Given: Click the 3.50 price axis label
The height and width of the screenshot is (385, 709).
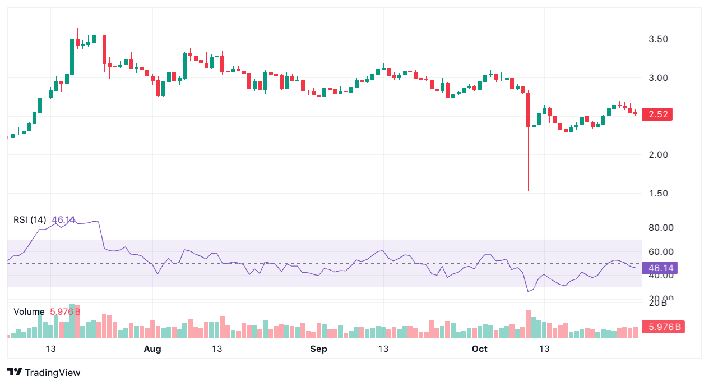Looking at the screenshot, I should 658,39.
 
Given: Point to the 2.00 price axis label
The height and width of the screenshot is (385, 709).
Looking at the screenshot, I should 658,155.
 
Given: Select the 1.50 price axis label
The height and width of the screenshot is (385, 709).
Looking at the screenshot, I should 658,194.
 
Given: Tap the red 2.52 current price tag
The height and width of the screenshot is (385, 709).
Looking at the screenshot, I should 657,114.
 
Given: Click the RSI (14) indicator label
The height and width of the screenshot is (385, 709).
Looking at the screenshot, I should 30,219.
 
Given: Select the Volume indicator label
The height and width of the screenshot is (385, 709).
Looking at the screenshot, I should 29,311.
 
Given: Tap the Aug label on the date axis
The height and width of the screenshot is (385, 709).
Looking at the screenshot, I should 152,349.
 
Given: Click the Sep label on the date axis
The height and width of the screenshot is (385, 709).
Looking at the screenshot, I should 318,349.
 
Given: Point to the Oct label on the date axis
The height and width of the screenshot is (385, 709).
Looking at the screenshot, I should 480,349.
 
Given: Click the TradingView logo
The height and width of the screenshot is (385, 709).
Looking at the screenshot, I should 44,373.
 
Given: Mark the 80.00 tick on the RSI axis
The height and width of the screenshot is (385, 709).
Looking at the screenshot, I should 660,228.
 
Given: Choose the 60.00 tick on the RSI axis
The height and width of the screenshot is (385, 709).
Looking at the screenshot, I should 660,251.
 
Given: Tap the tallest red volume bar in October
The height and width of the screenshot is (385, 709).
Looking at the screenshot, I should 528,324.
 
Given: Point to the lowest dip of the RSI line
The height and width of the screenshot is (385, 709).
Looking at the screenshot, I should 529,291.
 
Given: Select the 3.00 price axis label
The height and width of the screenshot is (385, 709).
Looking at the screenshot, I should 658,78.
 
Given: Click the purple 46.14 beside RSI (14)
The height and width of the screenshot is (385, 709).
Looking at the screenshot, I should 63,219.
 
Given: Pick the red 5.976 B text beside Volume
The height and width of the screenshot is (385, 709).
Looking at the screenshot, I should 66,311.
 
